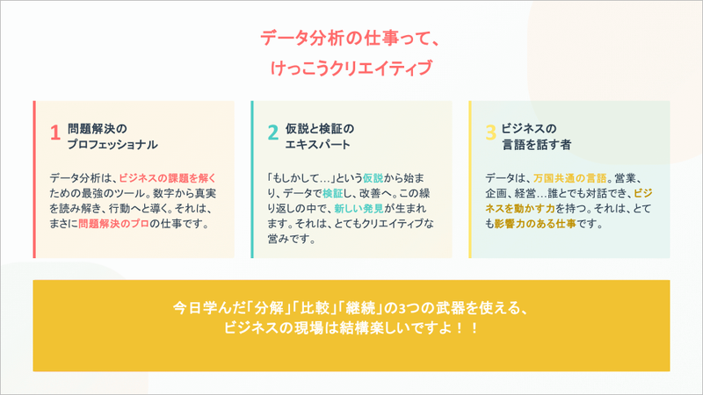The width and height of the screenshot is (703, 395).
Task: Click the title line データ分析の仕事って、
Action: click(x=351, y=39)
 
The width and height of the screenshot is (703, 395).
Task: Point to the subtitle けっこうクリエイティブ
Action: click(x=351, y=68)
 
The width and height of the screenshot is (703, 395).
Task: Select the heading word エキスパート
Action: click(x=318, y=143)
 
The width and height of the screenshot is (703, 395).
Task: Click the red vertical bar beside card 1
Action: click(x=34, y=180)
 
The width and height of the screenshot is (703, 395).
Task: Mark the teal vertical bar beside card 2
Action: click(x=252, y=180)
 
